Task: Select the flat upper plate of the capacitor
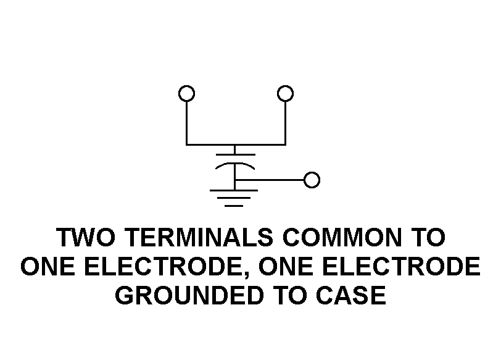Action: point(236,155)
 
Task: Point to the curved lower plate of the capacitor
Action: point(236,164)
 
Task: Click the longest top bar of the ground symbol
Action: point(234,191)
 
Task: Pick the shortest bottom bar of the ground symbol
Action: point(234,206)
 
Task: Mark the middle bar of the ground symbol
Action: point(234,198)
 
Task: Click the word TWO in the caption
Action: point(86,237)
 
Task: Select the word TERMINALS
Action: point(201,237)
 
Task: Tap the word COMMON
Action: point(342,237)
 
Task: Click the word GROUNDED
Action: point(189,295)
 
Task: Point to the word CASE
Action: point(351,295)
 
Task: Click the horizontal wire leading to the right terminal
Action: point(270,180)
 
